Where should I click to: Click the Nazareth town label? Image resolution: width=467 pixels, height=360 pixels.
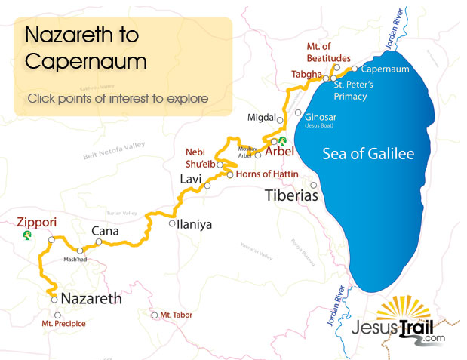(91, 298)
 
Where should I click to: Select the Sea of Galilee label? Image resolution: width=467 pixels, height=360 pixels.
(368, 154)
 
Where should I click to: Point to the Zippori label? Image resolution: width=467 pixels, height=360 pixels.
(36, 223)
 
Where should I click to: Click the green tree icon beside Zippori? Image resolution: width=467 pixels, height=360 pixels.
(27, 235)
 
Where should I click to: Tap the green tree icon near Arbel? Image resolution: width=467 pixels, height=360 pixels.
(282, 140)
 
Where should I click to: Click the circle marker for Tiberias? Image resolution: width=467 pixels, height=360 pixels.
(312, 185)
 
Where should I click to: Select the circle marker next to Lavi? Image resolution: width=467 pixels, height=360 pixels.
(208, 184)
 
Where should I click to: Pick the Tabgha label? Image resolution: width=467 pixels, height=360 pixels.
(307, 75)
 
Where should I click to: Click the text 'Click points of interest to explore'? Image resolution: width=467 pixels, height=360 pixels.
(118, 98)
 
